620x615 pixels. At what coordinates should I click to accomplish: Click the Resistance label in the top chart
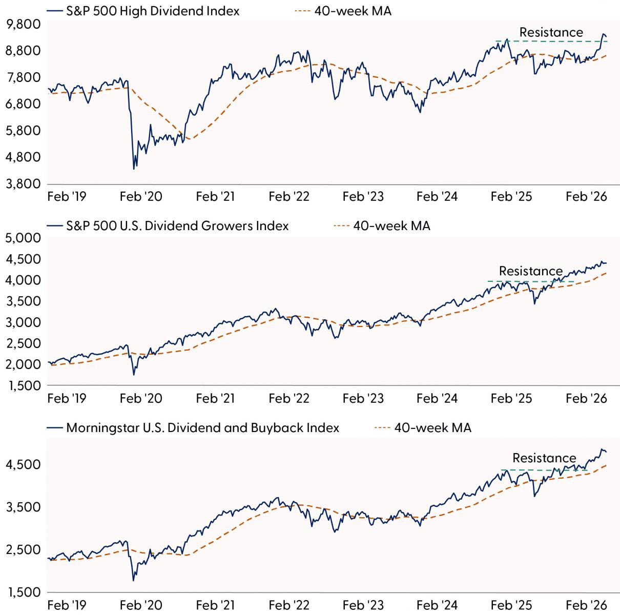point(551,33)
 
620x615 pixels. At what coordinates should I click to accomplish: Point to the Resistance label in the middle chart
point(531,271)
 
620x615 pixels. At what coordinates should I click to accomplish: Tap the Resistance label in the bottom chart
point(544,458)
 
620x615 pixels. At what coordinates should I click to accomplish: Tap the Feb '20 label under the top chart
point(140,197)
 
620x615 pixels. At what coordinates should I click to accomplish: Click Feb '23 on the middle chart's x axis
point(363,399)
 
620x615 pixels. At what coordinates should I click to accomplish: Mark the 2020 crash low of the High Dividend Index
point(134,169)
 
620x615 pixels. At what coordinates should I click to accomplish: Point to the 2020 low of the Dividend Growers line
point(134,375)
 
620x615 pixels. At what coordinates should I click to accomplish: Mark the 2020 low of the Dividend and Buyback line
point(134,580)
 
